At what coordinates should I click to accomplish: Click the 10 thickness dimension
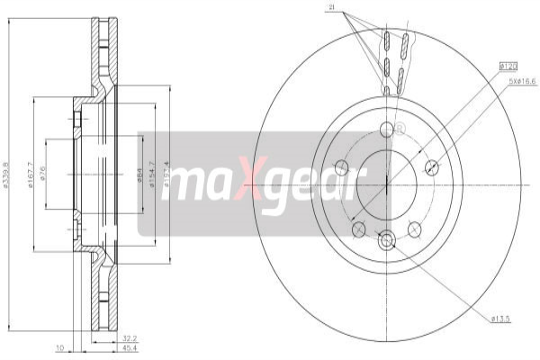pyautogui.click(x=58, y=347)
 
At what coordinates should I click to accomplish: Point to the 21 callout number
pyautogui.click(x=331, y=8)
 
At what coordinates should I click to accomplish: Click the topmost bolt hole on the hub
pyautogui.click(x=387, y=130)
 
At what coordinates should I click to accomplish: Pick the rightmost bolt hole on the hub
pyautogui.click(x=431, y=166)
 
